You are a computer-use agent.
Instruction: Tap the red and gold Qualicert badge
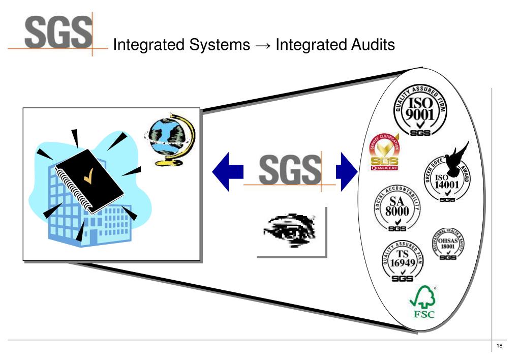click(x=385, y=153)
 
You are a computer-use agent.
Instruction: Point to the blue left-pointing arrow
click(x=226, y=170)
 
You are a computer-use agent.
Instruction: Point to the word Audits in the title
click(x=371, y=45)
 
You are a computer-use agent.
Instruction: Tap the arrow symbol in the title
click(x=262, y=46)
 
